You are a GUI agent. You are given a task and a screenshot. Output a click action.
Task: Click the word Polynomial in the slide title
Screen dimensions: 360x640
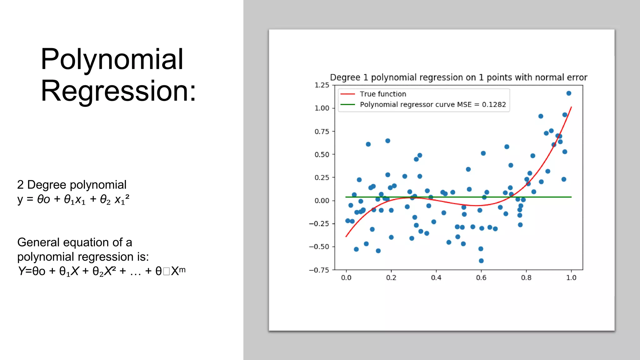coord(112,59)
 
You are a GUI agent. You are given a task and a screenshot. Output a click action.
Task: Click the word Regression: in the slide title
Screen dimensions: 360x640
coord(118,91)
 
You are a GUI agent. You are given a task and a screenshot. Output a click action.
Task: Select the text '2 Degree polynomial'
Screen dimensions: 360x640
coord(72,185)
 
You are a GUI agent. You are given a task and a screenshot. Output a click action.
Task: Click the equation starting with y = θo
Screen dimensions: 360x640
coord(73,199)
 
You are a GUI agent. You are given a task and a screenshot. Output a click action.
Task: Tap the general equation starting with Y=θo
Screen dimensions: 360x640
coord(102,271)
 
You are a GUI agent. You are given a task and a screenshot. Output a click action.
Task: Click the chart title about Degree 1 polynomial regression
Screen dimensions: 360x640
coord(458,77)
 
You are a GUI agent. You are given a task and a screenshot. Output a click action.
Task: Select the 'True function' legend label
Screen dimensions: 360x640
coord(383,94)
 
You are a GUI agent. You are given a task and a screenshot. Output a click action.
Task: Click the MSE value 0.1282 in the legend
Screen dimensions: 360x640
coord(494,104)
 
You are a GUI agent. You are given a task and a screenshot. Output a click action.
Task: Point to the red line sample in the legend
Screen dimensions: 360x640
coord(347,94)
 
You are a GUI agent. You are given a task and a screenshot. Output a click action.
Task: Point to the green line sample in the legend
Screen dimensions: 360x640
coord(347,104)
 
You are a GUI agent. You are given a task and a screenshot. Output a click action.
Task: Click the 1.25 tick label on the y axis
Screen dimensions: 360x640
coord(322,85)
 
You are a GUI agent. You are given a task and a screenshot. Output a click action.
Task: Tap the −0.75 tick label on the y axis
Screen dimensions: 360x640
coord(319,270)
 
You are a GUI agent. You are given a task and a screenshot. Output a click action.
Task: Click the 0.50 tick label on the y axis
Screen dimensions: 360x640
coord(322,154)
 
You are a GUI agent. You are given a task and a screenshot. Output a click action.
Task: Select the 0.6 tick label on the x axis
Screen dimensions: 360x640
coord(481,277)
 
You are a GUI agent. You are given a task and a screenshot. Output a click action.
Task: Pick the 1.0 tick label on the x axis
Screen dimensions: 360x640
coord(571,277)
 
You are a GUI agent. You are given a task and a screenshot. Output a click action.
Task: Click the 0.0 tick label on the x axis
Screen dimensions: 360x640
coord(346,277)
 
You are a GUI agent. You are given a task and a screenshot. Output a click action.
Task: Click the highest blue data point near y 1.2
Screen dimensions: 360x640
coord(569,93)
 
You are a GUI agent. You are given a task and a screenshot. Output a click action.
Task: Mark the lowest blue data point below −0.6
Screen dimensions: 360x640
coord(481,261)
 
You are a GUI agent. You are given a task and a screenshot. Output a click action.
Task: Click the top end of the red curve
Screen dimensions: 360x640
coord(571,107)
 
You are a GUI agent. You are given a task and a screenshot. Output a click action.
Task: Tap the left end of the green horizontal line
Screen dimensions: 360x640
coord(346,197)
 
